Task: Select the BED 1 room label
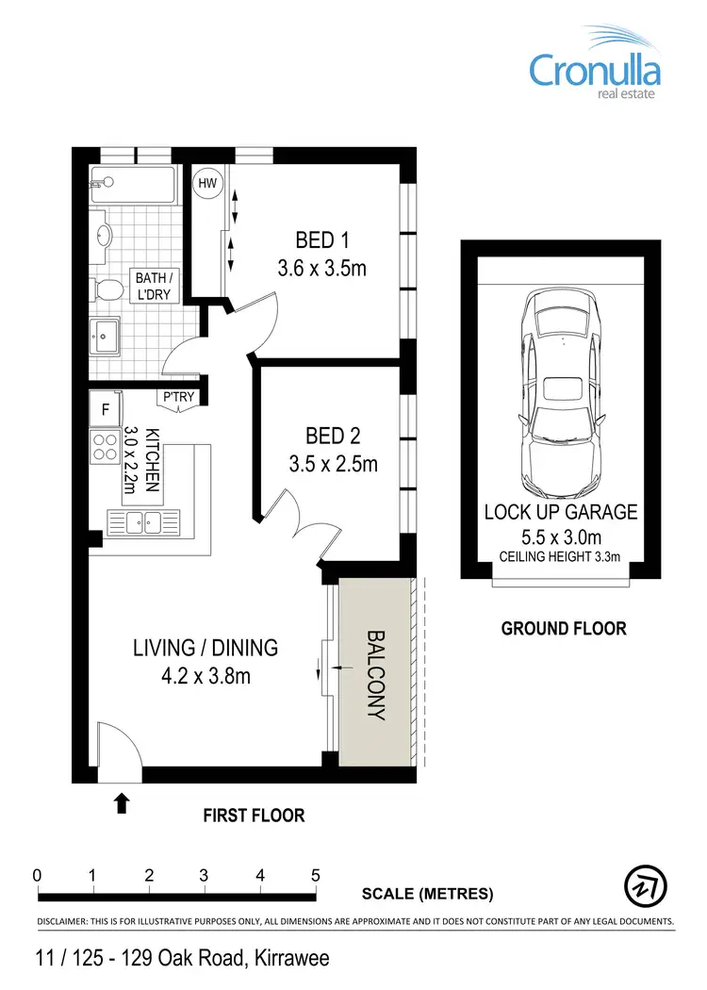pyautogui.click(x=321, y=238)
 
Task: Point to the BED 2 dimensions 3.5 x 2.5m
pyautogui.click(x=334, y=464)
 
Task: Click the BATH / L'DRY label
pyautogui.click(x=154, y=286)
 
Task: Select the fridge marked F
pyautogui.click(x=105, y=410)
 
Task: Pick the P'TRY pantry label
pyautogui.click(x=178, y=397)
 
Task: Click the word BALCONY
pyautogui.click(x=375, y=675)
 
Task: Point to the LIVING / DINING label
pyautogui.click(x=205, y=648)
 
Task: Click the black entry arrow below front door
pyautogui.click(x=122, y=802)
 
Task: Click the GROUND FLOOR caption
pyautogui.click(x=563, y=628)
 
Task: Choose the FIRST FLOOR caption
pyautogui.click(x=254, y=816)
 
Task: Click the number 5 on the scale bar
pyautogui.click(x=316, y=874)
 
